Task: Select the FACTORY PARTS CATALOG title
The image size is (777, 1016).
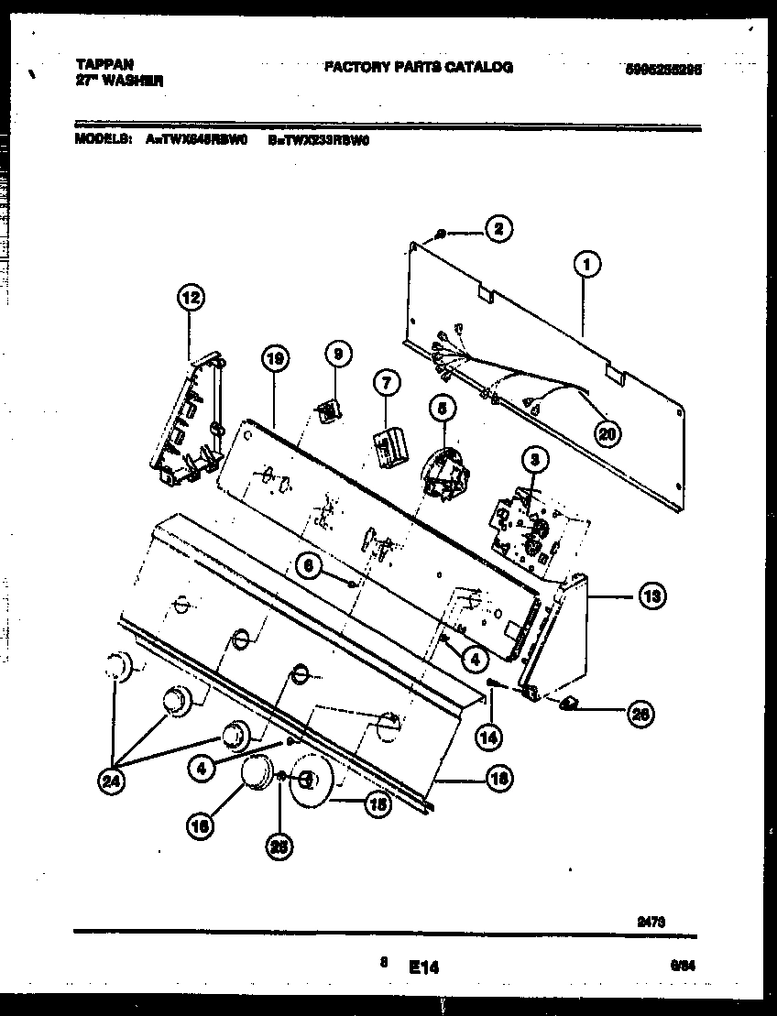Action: [418, 67]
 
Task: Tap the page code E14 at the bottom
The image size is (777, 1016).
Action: [424, 966]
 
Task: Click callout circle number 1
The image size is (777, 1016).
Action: [586, 265]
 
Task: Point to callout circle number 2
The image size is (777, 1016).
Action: [498, 230]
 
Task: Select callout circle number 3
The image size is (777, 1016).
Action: [534, 460]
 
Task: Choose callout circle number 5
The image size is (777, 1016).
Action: [443, 410]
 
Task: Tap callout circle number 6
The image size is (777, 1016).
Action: [310, 568]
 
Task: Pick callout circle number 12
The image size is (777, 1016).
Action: [189, 297]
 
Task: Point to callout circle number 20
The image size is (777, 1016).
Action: [605, 434]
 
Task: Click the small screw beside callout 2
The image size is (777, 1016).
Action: [442, 235]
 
